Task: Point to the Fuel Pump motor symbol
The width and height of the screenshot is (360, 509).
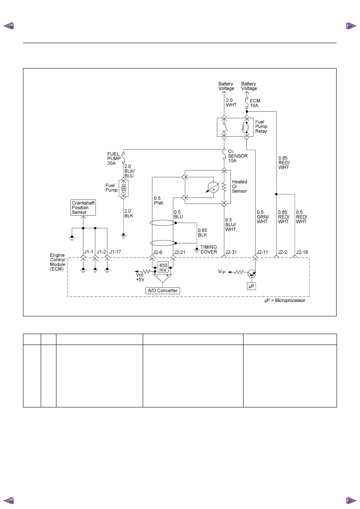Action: click(123, 188)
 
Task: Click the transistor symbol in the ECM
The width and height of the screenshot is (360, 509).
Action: click(252, 274)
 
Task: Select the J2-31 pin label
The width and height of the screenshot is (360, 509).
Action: click(231, 252)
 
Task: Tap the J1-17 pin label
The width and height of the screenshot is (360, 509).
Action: click(115, 252)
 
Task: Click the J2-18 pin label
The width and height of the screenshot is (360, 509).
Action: click(302, 252)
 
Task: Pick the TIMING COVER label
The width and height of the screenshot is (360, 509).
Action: click(209, 249)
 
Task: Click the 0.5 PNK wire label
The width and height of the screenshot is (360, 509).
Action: click(159, 201)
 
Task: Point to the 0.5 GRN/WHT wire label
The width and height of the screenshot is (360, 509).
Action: click(263, 217)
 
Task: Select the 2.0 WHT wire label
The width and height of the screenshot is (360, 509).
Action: click(231, 102)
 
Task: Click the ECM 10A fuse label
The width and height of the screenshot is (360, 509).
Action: click(255, 103)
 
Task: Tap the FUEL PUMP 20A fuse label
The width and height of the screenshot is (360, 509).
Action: click(114, 159)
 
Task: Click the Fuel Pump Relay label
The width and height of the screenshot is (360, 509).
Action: click(261, 127)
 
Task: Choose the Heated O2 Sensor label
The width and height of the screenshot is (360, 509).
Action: click(239, 186)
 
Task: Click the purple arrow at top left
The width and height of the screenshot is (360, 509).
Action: click(8, 26)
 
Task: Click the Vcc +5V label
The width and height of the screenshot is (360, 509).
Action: click(140, 277)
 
